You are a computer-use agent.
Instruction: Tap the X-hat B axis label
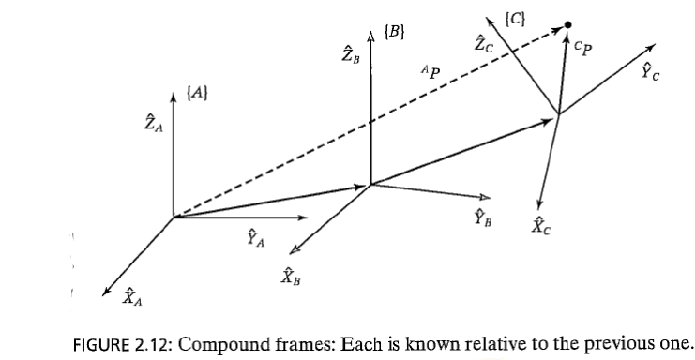click(x=289, y=275)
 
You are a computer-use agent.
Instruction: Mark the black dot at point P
click(x=568, y=26)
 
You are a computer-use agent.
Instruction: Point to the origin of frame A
click(x=174, y=217)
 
